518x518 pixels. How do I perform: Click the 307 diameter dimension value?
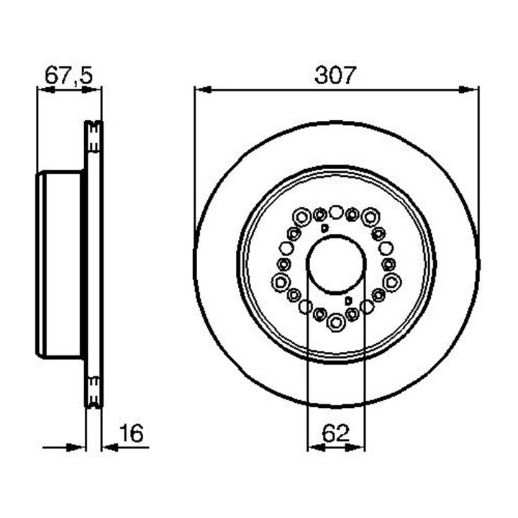335,76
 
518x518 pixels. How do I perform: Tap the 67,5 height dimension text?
69,76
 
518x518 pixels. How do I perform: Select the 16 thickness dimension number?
132,433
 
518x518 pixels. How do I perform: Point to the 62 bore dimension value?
335,433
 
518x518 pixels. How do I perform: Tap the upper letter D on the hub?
324,228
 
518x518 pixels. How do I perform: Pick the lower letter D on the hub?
347,301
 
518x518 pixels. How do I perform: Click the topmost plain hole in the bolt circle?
336,212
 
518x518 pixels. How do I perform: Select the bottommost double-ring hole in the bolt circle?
336,323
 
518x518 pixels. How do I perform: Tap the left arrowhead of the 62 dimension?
313,447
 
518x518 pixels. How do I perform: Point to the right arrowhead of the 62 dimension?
359,447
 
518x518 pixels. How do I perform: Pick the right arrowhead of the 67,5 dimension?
96,90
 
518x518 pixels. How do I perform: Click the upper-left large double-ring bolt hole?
301,214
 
